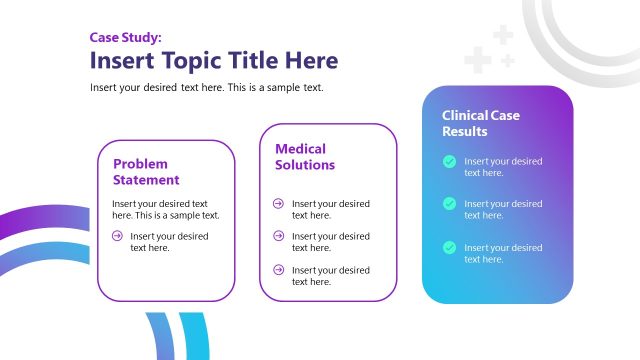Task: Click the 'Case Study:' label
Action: point(123,38)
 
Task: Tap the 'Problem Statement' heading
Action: point(146,172)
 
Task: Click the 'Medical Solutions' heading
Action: point(305,157)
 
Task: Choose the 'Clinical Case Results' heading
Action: point(481,123)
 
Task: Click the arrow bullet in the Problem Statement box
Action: point(118,236)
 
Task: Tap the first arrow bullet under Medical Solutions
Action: point(278,203)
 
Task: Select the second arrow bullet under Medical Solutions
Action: point(278,236)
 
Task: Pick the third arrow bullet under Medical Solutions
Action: point(278,270)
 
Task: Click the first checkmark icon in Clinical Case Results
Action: point(450,161)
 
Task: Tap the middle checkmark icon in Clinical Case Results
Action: point(450,204)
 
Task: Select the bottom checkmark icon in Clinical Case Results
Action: point(450,247)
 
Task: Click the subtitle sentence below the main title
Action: point(206,87)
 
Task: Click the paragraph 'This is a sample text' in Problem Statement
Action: point(166,209)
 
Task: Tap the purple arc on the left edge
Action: point(30,222)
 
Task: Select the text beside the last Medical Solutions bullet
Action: point(330,276)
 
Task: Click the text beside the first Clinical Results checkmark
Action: point(503,166)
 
